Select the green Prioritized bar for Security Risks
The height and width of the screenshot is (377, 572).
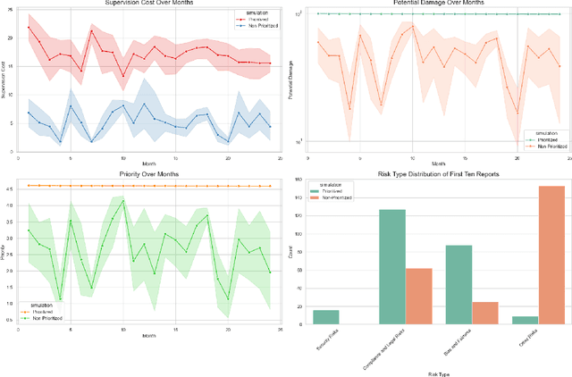325,316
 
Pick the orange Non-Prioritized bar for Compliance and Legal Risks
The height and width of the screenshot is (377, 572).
418,296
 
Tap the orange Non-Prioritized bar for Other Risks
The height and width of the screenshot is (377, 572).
551,255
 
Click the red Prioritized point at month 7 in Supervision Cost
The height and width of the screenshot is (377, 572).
91,30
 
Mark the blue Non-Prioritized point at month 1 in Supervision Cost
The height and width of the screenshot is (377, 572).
29,113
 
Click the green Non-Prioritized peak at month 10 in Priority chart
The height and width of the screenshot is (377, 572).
122,201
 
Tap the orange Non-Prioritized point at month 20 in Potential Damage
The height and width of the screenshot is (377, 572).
517,113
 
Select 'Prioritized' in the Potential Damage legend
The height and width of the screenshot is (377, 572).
544,139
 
